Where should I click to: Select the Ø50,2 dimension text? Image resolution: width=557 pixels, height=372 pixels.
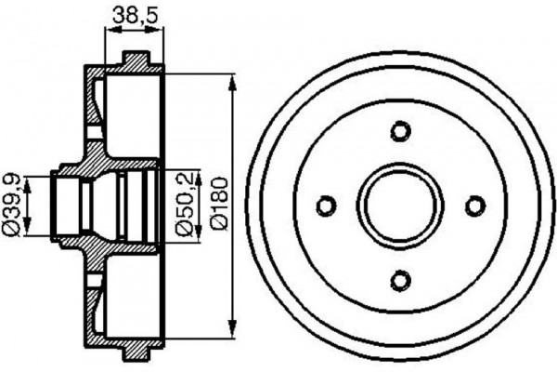[184, 204]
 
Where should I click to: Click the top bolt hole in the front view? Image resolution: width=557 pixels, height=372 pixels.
[400, 130]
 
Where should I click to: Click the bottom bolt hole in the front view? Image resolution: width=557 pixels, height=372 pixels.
[400, 280]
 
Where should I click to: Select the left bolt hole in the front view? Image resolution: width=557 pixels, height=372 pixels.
[325, 206]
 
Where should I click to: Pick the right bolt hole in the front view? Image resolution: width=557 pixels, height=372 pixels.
[475, 206]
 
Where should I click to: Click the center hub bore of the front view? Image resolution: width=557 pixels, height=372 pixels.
[400, 206]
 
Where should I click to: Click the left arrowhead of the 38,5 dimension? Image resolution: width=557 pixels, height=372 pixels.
[110, 32]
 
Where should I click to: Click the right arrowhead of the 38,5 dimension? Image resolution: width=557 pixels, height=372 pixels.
[160, 32]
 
